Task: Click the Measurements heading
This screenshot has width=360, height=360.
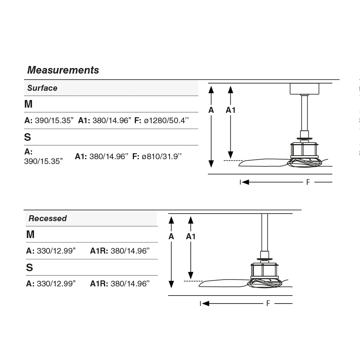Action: click(x=63, y=70)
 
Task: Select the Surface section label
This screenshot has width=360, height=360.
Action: click(x=42, y=88)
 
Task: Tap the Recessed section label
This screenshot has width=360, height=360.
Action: click(x=47, y=218)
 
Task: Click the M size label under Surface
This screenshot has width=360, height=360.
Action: click(x=28, y=104)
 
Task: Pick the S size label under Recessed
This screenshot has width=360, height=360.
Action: click(x=29, y=268)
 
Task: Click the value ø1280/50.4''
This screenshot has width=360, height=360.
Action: click(x=166, y=120)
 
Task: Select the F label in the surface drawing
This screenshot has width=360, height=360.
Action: click(x=308, y=182)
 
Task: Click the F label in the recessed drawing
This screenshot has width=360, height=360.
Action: click(x=268, y=304)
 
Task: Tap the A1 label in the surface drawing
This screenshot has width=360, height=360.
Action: click(x=231, y=110)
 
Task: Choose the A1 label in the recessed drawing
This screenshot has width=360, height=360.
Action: click(x=191, y=236)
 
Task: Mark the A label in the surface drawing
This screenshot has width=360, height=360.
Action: click(x=211, y=110)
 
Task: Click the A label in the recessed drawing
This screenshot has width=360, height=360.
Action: click(x=171, y=236)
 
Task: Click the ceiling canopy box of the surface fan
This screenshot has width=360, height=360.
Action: click(x=304, y=88)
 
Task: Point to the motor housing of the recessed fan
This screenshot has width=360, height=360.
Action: click(x=264, y=271)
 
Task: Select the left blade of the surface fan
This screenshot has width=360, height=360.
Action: click(x=262, y=163)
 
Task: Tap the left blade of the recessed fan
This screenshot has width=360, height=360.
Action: click(x=222, y=284)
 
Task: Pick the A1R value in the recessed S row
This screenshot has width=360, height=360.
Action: click(x=130, y=284)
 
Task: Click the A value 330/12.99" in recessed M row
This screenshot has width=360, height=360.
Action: click(x=56, y=251)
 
